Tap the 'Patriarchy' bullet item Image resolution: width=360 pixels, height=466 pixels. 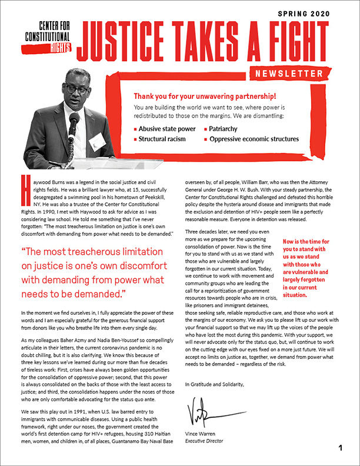pos(226,128)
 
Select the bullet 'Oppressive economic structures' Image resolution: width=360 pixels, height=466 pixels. pos(254,139)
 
